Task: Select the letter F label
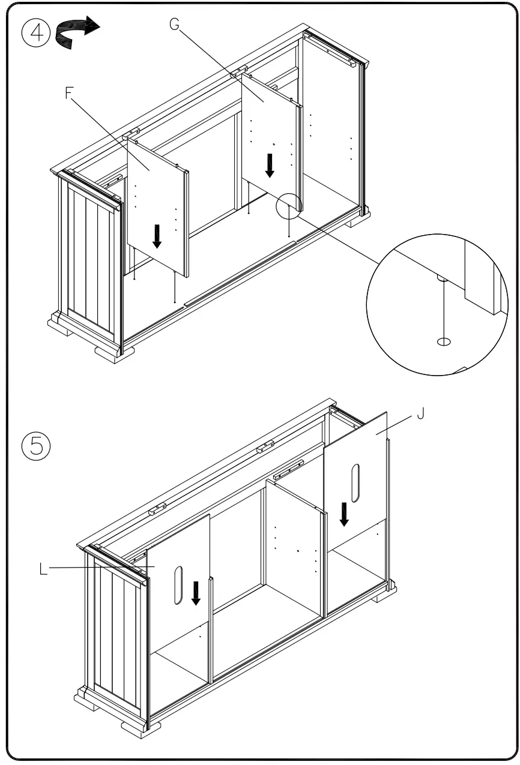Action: tap(69, 94)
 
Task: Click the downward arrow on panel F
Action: tap(157, 236)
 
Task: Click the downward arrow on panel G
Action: tap(270, 165)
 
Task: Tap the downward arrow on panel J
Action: tap(344, 514)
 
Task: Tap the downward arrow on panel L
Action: tap(196, 593)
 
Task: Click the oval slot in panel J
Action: tap(355, 482)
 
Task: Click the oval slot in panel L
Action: tap(178, 584)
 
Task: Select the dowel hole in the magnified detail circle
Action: tap(444, 341)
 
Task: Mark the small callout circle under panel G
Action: tap(288, 206)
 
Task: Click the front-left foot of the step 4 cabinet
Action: tap(114, 352)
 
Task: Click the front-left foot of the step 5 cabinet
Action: tap(141, 728)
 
